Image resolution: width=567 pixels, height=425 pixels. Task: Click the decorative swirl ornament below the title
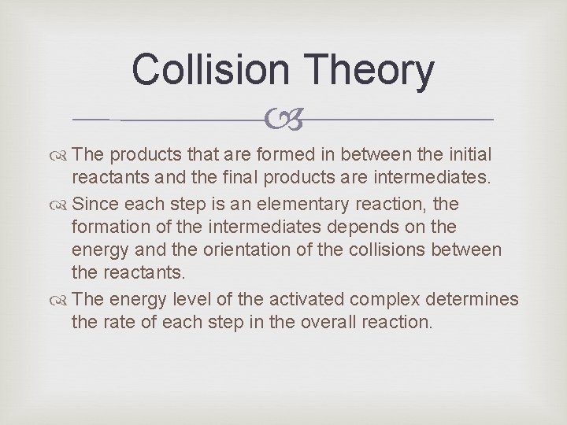(x=283, y=120)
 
